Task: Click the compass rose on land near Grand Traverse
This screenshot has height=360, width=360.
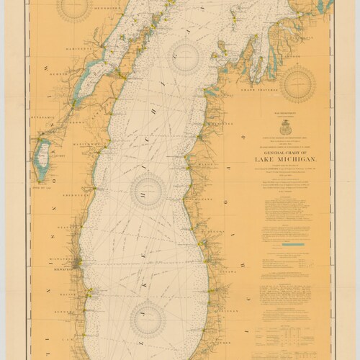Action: [x=298, y=84]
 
